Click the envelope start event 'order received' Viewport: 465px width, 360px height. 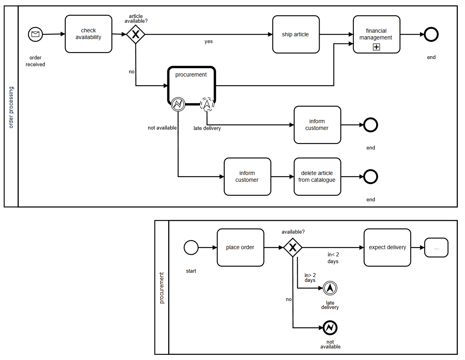click(35, 34)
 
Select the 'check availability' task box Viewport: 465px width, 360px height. click(88, 34)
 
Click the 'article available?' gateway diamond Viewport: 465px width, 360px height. click(136, 35)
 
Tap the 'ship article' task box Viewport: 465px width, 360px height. click(296, 34)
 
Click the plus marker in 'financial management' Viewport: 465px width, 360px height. click(376, 47)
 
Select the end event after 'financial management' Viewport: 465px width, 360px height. click(431, 35)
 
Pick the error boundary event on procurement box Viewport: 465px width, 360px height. click(178, 104)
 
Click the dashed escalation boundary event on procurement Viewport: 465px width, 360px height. click(207, 104)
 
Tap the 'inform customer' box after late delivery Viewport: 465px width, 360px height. click(317, 125)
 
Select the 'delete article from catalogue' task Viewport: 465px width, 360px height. click(317, 177)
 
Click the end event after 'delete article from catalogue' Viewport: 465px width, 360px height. click(371, 177)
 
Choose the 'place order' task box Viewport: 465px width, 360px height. click(240, 248)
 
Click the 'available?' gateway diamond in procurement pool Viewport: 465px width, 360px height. click(293, 248)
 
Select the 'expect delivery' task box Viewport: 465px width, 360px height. click(387, 248)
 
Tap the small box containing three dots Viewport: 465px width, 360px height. click(436, 248)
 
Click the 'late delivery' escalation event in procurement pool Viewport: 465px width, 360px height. click(330, 288)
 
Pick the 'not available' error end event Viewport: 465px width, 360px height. click(330, 328)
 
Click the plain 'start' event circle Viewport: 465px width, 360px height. click(191, 248)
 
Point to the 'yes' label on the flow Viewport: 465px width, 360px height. click(208, 41)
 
